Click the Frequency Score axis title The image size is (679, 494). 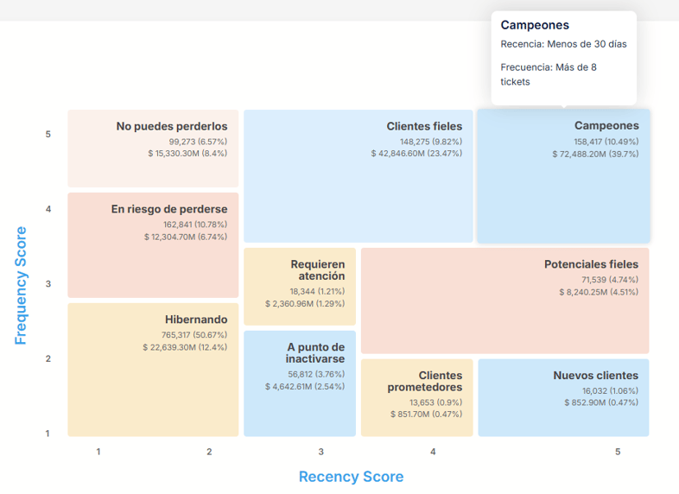(21, 285)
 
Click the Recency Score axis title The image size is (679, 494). (351, 477)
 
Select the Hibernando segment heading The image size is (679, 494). (196, 320)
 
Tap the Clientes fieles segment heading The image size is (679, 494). (424, 126)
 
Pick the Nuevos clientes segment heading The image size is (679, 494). (596, 376)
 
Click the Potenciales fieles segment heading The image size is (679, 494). (591, 264)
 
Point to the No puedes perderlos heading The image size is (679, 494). (172, 126)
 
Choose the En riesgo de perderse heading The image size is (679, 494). (169, 209)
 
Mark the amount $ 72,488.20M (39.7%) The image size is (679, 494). (595, 154)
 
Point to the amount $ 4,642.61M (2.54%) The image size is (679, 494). (305, 387)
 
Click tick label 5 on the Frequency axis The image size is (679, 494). (48, 135)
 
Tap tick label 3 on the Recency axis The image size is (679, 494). (320, 452)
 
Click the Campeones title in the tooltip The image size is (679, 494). (535, 26)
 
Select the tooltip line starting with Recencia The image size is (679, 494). (563, 44)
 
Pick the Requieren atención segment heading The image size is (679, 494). (318, 270)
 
